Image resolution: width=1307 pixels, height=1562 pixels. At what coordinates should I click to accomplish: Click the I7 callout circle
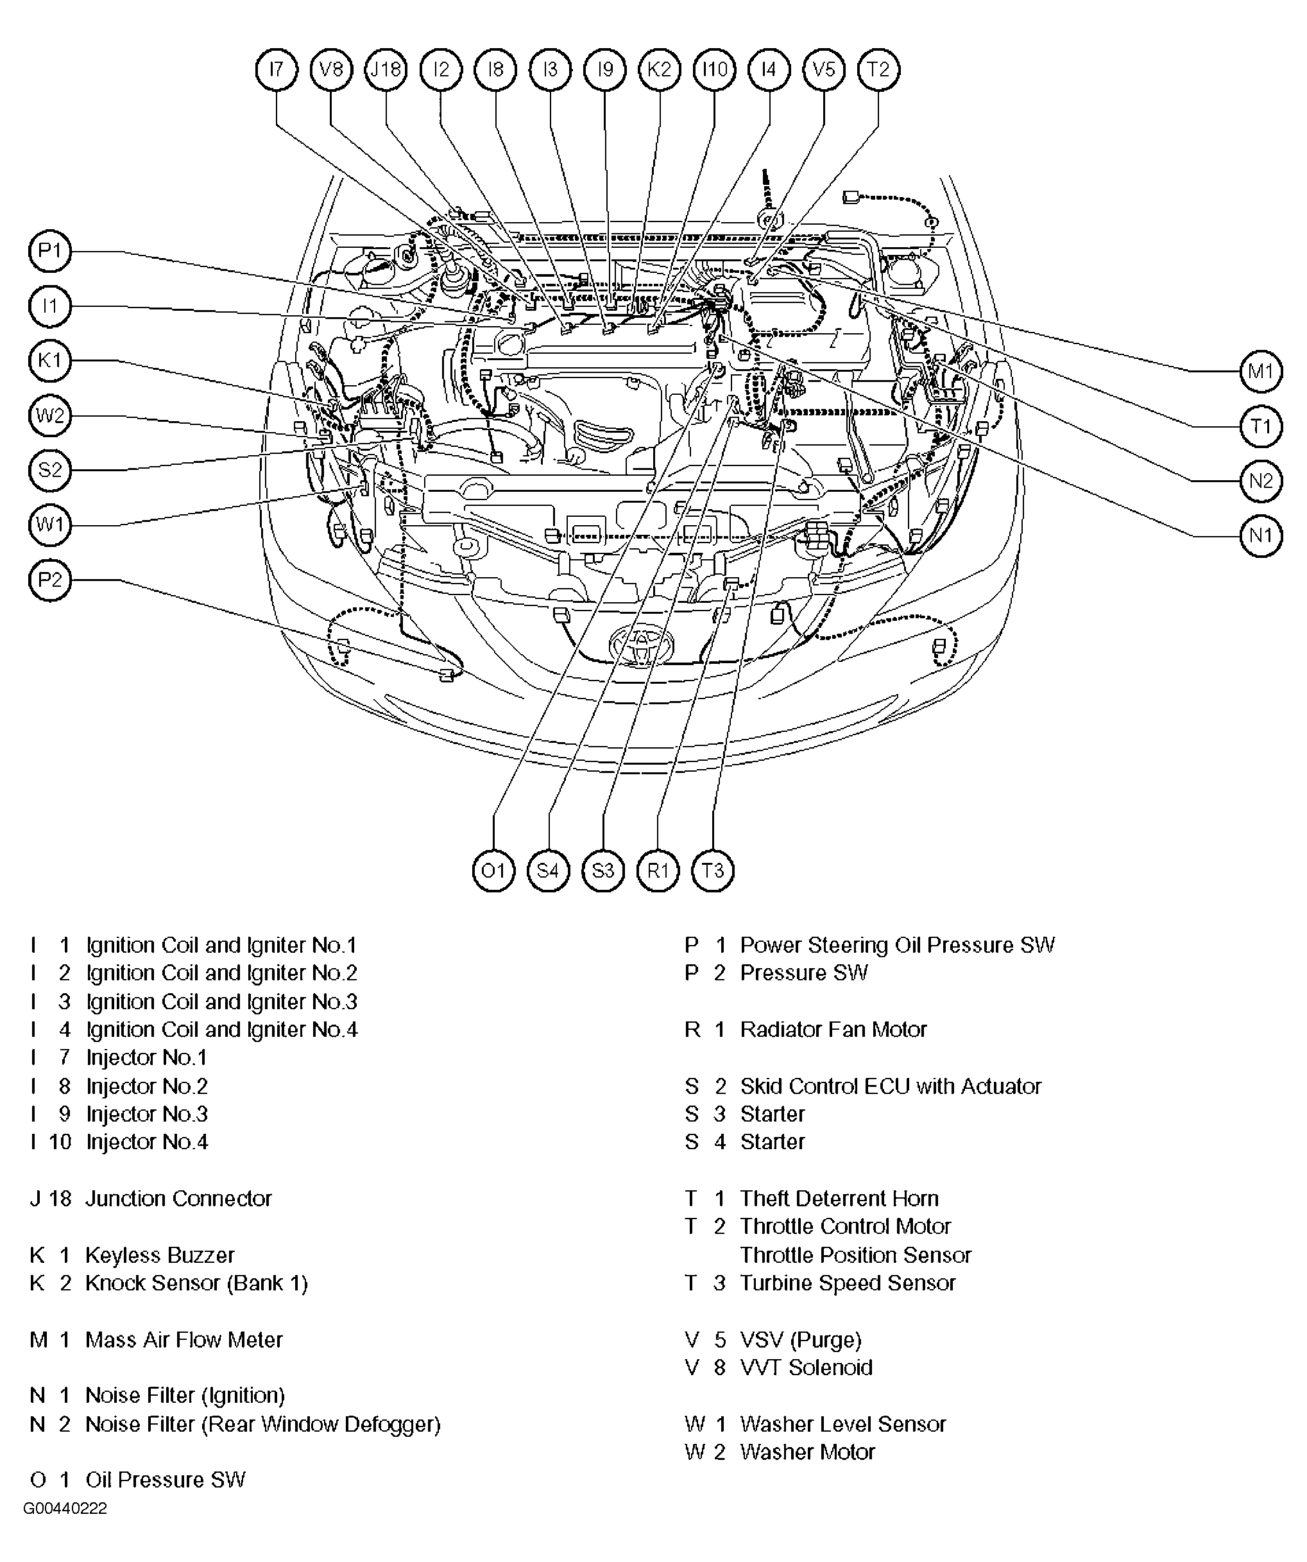277,70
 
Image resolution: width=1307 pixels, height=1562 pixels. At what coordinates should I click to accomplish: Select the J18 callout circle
386,70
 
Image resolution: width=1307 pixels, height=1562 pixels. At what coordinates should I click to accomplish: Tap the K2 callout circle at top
660,70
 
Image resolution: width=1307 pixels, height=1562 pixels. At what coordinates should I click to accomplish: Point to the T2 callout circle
879,70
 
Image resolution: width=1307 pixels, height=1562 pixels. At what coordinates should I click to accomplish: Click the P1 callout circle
50,250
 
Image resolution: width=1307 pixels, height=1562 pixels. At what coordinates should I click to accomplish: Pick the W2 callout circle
50,415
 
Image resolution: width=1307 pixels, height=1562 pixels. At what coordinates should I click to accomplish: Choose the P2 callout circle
50,580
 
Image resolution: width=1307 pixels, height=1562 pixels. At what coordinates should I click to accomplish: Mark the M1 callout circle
1261,370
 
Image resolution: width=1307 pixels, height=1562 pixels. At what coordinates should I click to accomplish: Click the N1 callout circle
1261,535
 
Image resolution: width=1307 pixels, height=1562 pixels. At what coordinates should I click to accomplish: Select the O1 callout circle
493,871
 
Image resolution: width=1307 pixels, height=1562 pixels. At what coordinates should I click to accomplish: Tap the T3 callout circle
713,871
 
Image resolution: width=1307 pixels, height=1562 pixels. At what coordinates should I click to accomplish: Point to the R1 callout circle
658,871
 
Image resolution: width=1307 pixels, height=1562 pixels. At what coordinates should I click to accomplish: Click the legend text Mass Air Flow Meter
184,1341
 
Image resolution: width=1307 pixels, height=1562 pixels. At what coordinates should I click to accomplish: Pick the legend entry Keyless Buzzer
160,1256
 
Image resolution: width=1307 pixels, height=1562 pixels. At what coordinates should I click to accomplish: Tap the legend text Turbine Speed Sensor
848,1283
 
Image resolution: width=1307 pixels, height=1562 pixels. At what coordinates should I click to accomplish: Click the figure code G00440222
65,1509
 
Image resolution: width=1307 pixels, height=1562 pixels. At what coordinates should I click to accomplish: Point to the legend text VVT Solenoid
806,1368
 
